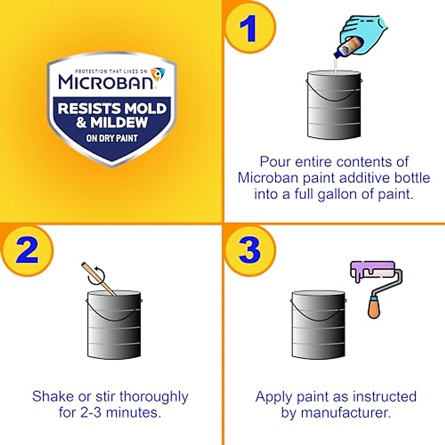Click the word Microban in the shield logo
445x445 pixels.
tap(106, 82)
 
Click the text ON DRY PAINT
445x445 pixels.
tap(112, 138)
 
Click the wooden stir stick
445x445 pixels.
tap(98, 279)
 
